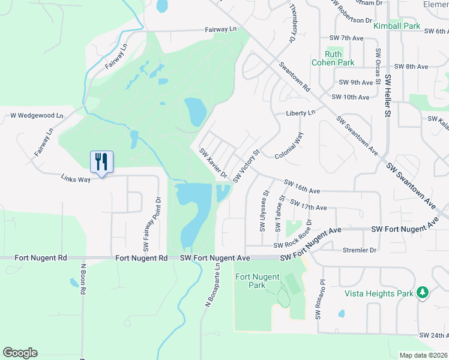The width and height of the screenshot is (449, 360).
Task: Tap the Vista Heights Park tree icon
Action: pyautogui.click(x=423, y=292)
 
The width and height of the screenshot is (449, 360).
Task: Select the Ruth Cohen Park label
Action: pyautogui.click(x=333, y=58)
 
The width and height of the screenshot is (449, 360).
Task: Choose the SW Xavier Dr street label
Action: pyautogui.click(x=213, y=164)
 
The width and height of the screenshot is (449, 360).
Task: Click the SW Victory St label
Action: pyautogui.click(x=246, y=166)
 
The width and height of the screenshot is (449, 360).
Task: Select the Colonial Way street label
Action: pyautogui.click(x=289, y=146)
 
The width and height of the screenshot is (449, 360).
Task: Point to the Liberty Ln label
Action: pyautogui.click(x=300, y=113)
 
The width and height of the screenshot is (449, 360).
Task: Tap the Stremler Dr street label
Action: pyautogui.click(x=359, y=250)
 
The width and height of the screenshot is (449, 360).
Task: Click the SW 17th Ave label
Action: pyautogui.click(x=308, y=205)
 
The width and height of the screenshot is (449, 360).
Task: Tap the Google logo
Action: pyautogui.click(x=20, y=353)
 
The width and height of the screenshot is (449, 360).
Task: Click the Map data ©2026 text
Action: pyautogui.click(x=424, y=355)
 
